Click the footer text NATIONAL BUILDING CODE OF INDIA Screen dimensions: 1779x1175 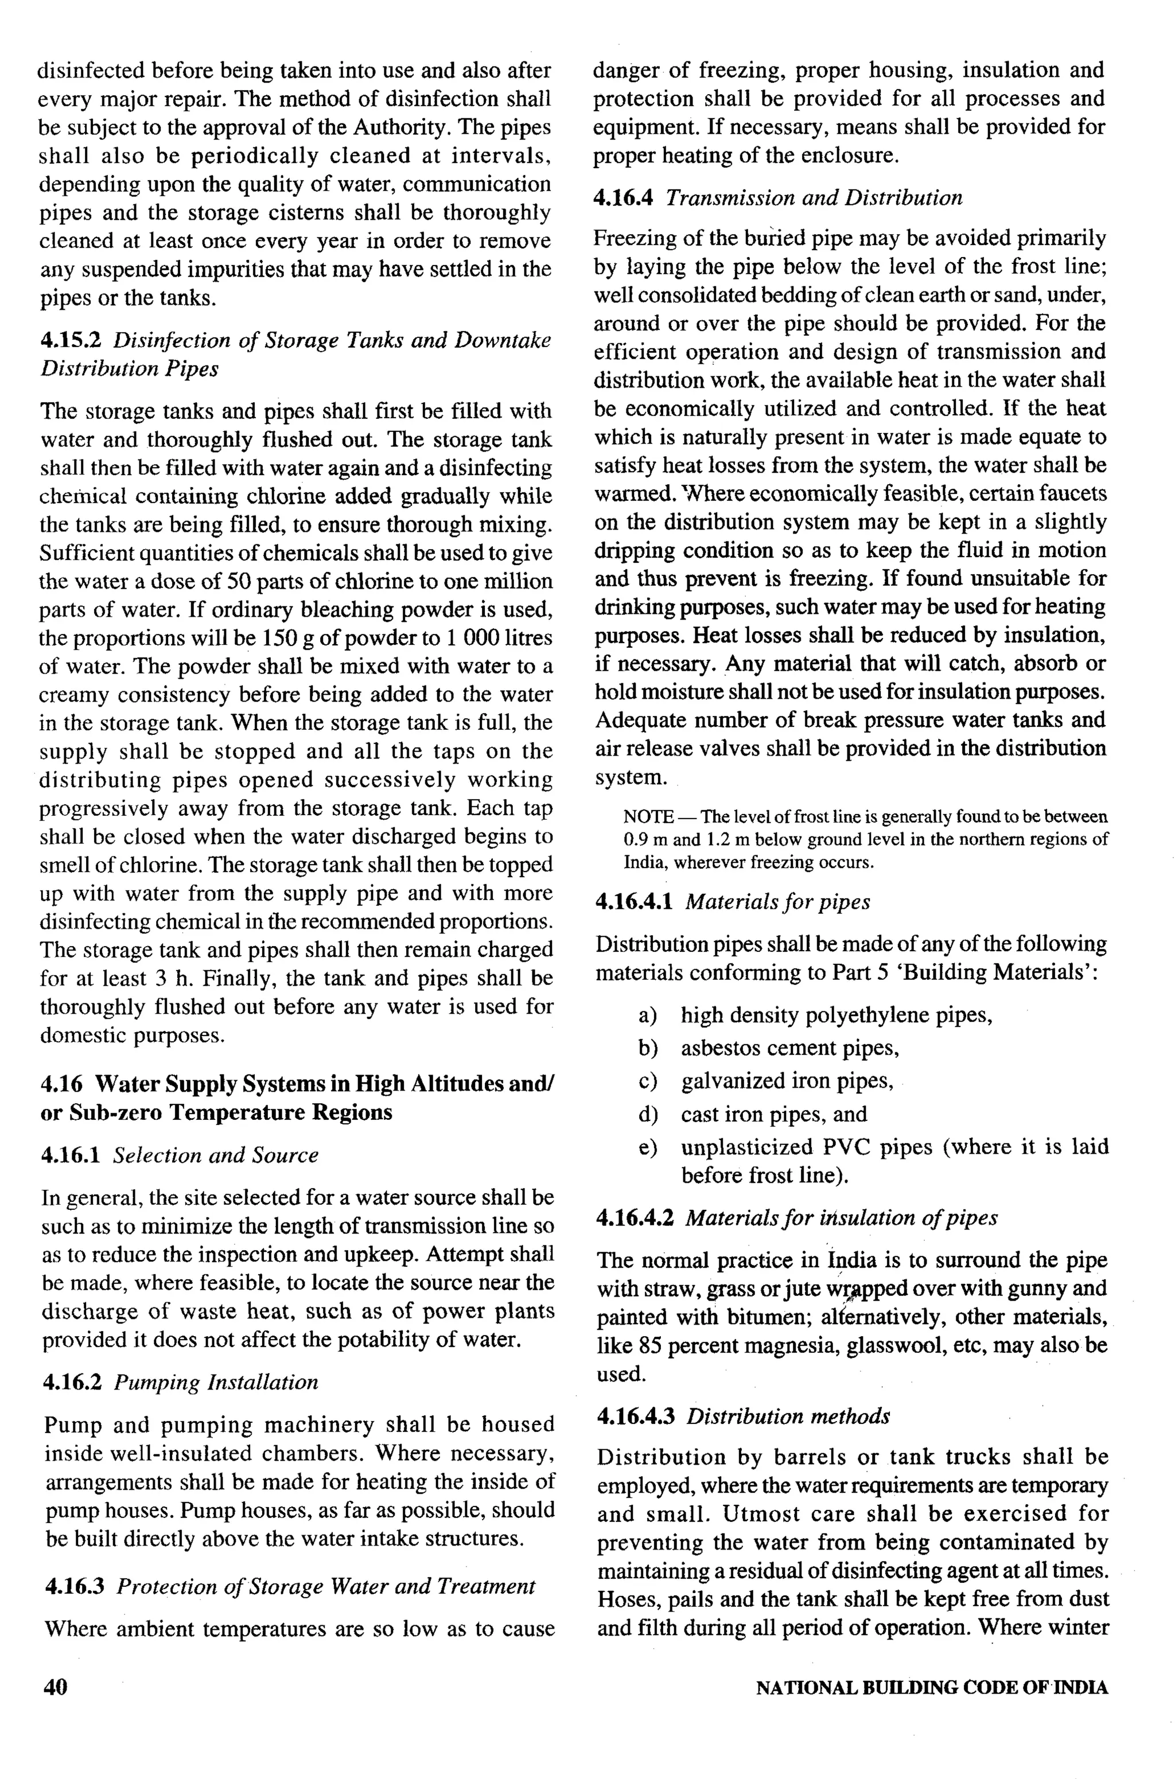pyautogui.click(x=932, y=1688)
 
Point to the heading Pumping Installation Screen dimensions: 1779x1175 pyautogui.click(x=216, y=1382)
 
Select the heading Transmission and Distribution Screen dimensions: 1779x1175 pyautogui.click(x=814, y=198)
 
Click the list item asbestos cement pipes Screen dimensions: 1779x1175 pyautogui.click(x=789, y=1048)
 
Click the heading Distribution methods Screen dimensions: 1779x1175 pyautogui.click(x=788, y=1417)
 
